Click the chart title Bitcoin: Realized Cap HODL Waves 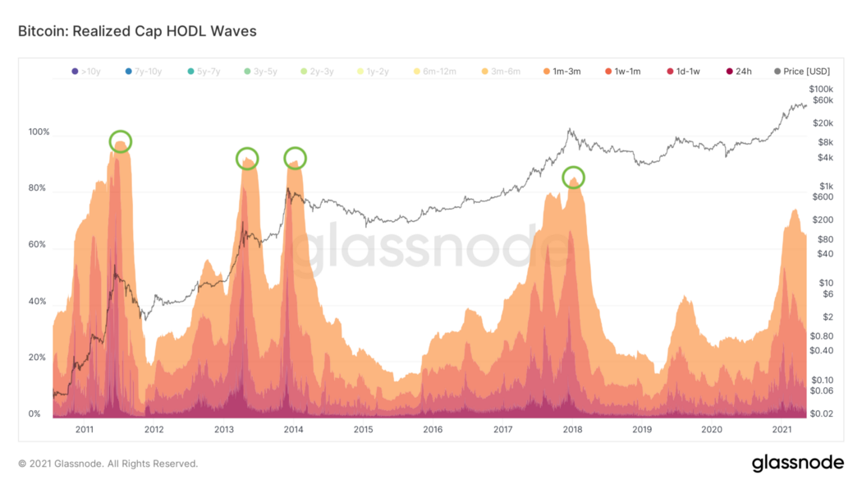[137, 31]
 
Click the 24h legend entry [738, 72]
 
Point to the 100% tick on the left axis [39, 132]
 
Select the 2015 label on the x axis [363, 429]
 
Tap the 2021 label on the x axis [782, 429]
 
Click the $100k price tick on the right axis [821, 89]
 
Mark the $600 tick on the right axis [821, 196]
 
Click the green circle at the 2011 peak [120, 141]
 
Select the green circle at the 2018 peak [574, 177]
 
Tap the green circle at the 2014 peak [295, 158]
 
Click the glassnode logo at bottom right [797, 463]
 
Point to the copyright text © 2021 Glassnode [108, 464]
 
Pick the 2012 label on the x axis [154, 429]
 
